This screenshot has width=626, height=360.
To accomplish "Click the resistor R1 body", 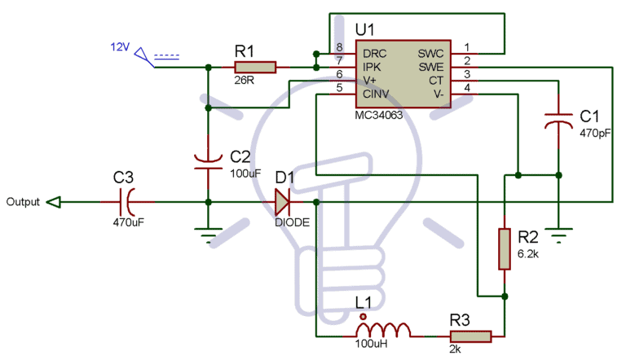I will pyautogui.click(x=255, y=67).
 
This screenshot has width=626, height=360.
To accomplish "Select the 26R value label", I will pyautogui.click(x=244, y=82).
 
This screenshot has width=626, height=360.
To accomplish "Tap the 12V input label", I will pyautogui.click(x=121, y=46).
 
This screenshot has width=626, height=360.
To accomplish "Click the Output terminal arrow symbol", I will pyautogui.click(x=53, y=202).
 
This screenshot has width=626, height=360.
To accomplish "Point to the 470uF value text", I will pyautogui.click(x=129, y=221).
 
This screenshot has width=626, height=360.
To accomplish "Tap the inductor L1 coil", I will pyautogui.click(x=382, y=330).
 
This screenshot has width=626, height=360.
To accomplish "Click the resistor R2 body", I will pyautogui.click(x=505, y=248).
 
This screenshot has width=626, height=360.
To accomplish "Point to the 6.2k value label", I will pyautogui.click(x=528, y=254).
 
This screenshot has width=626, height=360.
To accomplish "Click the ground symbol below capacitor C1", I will pyautogui.click(x=559, y=236).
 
